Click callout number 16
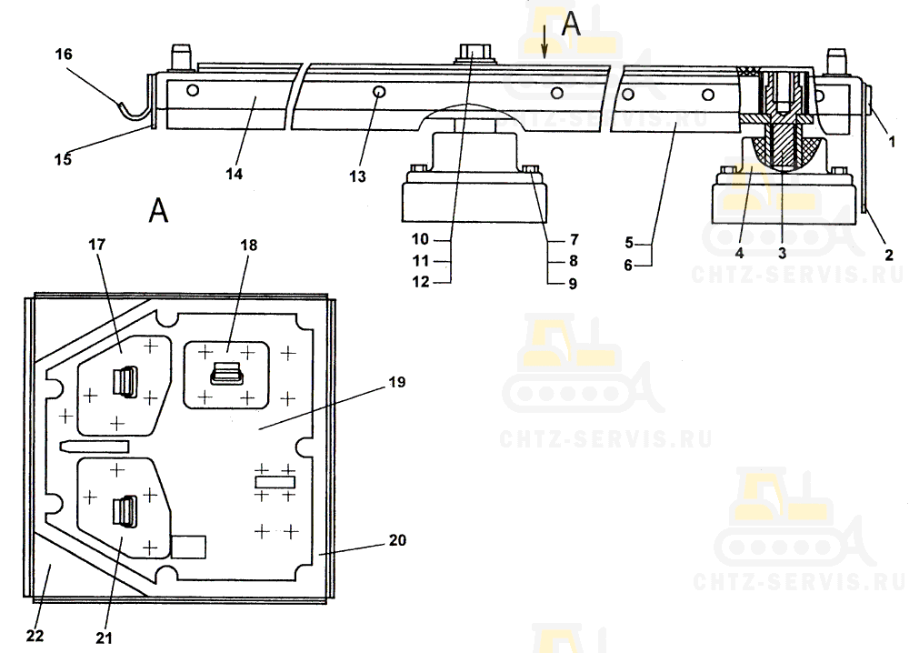coord(64,55)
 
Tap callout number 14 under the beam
coord(235,174)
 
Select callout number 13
coord(357,176)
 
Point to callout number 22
coord(35,636)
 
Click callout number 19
coord(397,382)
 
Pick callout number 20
coord(397,540)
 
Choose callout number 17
coord(97,244)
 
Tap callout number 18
coord(249,245)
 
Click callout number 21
coord(104,638)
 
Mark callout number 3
coord(782,254)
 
